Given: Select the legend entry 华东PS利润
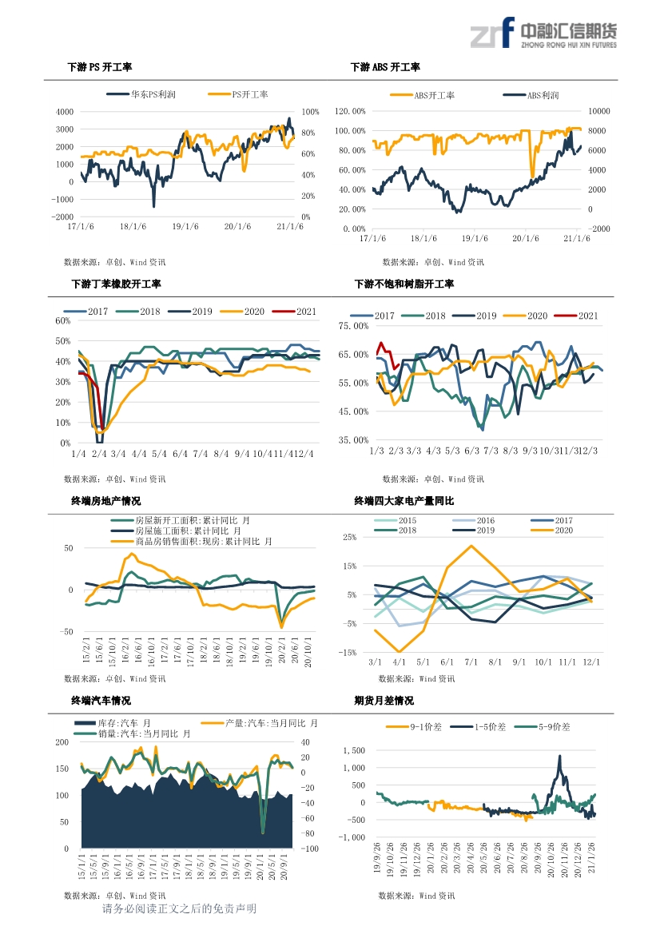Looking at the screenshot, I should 153,94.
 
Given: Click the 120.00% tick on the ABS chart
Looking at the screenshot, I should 352,111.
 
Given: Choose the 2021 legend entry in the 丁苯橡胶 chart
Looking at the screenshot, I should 306,312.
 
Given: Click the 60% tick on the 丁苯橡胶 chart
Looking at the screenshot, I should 63,321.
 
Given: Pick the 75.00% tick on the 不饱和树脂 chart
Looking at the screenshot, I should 354,326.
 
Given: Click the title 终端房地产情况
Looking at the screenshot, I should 106,501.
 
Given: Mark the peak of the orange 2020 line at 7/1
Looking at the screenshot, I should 471,546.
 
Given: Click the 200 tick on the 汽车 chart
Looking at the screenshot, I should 62,742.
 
